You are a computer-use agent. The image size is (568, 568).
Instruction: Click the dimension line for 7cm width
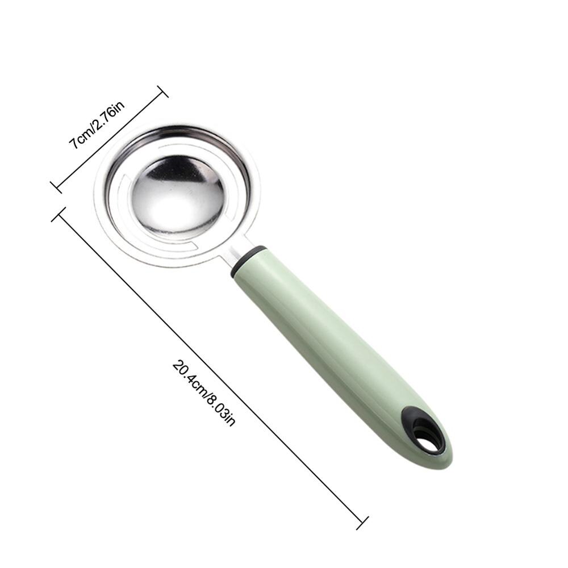[109, 140]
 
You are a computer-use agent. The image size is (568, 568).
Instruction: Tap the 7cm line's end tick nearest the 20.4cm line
[56, 187]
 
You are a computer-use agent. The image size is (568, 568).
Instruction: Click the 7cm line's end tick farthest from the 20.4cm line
[162, 91]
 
